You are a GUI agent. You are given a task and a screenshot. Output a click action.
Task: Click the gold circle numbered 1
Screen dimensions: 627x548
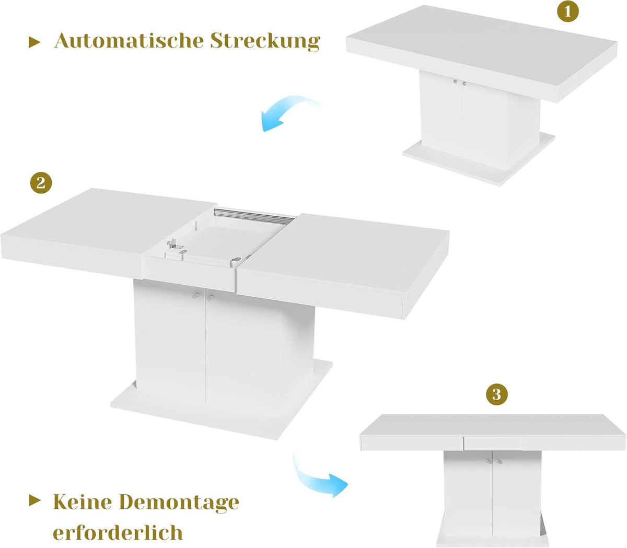pos(567,11)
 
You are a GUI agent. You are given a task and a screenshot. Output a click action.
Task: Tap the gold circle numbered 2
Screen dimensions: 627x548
pos(41,183)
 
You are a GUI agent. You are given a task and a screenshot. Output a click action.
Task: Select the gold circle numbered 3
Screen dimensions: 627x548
pos(497,394)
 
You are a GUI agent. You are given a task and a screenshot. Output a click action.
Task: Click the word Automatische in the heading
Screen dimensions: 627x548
pos(129,41)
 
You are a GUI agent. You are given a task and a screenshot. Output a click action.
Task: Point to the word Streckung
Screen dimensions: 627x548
pos(265,42)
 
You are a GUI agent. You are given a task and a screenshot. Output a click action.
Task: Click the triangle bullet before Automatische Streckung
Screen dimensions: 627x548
pos(34,43)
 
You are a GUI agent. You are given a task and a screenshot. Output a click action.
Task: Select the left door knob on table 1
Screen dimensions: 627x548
pos(456,81)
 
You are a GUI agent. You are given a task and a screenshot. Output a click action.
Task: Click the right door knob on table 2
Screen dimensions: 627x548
pos(211,297)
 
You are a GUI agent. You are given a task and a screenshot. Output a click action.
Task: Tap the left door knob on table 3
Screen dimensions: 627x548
pos(487,461)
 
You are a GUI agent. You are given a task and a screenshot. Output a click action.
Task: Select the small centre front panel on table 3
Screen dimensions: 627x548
pos(493,443)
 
